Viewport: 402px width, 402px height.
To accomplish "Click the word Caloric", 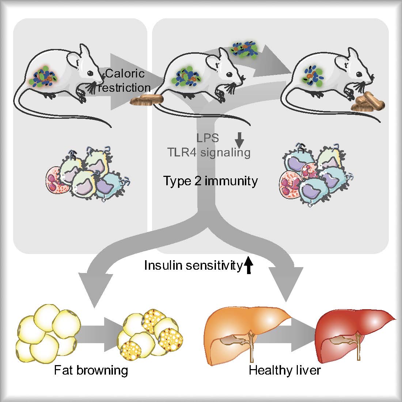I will click(125, 74).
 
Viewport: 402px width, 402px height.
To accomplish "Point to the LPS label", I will click(207, 138).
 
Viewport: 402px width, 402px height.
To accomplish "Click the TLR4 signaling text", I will click(209, 152).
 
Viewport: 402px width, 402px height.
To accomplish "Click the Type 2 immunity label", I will click(211, 181).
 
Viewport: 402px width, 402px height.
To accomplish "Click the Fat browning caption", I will click(91, 371).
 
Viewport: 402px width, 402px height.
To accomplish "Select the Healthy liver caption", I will click(285, 371).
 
